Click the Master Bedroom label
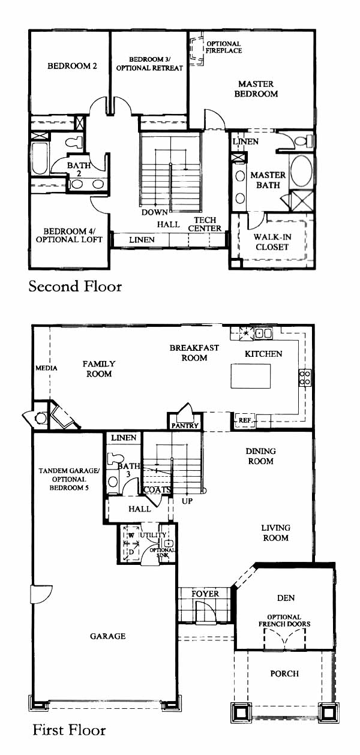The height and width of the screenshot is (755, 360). (x=256, y=89)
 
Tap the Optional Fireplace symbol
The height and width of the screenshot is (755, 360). (x=196, y=49)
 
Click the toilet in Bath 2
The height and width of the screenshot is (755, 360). (x=74, y=142)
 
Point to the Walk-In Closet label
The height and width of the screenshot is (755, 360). (x=272, y=242)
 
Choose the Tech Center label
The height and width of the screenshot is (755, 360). (x=205, y=224)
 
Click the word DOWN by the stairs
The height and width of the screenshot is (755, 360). (x=154, y=212)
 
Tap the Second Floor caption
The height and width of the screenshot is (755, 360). (x=75, y=287)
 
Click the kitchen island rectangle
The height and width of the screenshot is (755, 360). (x=251, y=376)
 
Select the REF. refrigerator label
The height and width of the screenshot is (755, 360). (x=245, y=420)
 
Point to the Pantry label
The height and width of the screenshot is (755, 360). (x=185, y=426)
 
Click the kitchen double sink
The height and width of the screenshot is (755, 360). (x=263, y=333)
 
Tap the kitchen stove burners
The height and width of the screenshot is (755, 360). (x=305, y=378)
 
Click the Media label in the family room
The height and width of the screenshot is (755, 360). (x=46, y=368)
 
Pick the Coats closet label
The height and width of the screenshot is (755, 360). (x=157, y=490)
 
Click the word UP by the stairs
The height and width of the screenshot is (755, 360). (x=187, y=501)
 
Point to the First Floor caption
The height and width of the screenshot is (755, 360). (x=69, y=730)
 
